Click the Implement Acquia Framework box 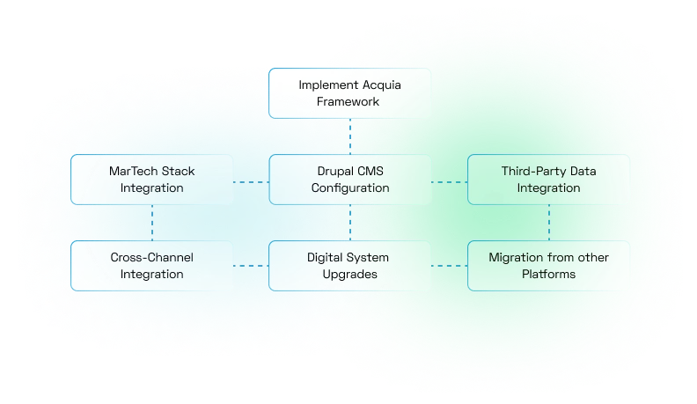(350, 93)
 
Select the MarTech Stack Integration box (152, 180)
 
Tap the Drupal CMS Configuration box (350, 180)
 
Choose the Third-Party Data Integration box (549, 180)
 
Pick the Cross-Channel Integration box (152, 266)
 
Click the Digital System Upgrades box (350, 266)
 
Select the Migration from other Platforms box (549, 266)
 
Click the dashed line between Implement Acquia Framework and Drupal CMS (350, 136)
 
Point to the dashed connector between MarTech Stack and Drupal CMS (251, 182)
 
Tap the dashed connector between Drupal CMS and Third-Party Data (450, 182)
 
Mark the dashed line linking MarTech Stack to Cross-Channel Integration (152, 223)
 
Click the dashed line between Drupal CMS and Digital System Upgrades (350, 223)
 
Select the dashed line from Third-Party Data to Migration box (549, 223)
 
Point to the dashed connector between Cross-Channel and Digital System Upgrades (251, 266)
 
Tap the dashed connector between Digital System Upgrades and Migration (450, 266)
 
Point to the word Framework (350, 102)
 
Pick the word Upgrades (350, 275)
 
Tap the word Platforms (549, 275)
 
